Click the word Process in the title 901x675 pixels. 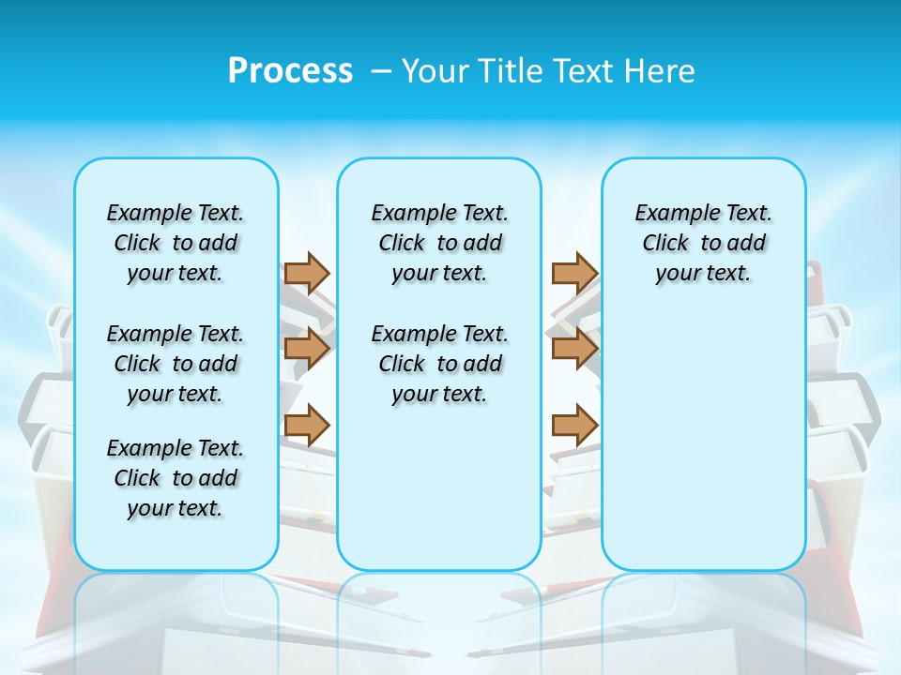[290, 71]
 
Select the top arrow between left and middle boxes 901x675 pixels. [307, 273]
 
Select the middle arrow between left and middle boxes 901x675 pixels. [307, 349]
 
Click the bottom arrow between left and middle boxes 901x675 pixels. [307, 425]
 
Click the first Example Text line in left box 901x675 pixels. [176, 213]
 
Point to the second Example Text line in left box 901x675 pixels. [176, 334]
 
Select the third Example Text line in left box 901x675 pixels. [176, 448]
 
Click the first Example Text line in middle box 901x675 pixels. [440, 213]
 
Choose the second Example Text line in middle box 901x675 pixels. [440, 334]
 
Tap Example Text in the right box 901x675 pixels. [704, 213]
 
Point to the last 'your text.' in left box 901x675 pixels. [176, 508]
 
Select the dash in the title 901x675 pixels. [381, 71]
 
